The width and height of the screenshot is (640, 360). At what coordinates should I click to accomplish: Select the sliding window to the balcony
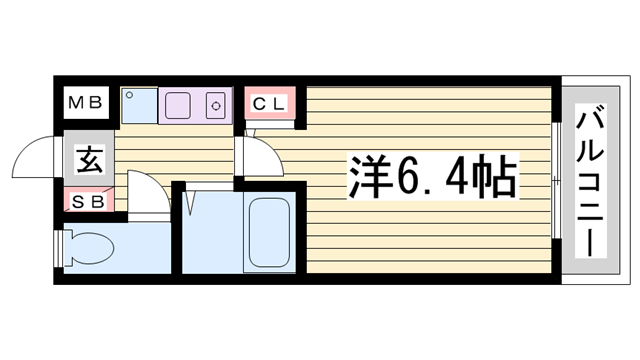(x=556, y=180)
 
